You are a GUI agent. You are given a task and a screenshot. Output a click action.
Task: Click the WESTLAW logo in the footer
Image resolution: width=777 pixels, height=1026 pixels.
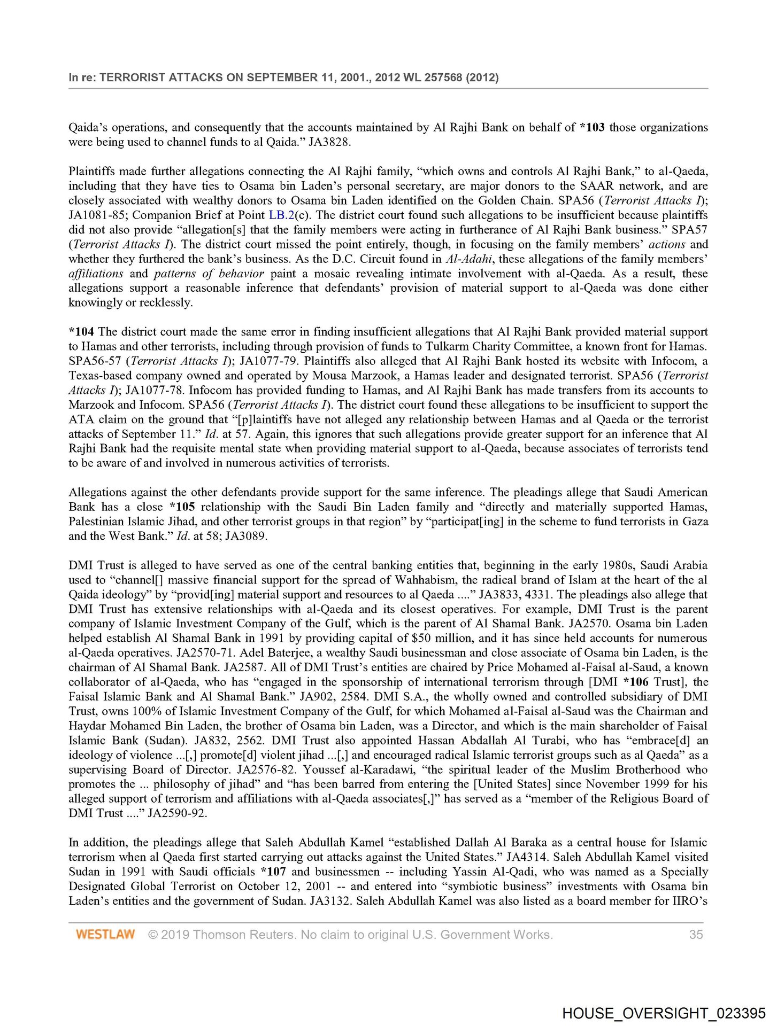[x=105, y=935]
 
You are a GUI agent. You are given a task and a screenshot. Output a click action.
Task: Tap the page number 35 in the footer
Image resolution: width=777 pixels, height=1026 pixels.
[x=696, y=935]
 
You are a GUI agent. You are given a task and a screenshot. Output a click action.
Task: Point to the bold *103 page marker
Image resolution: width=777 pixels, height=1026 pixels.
[x=592, y=128]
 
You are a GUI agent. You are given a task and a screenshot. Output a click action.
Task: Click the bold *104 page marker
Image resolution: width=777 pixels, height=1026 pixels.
[x=81, y=332]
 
